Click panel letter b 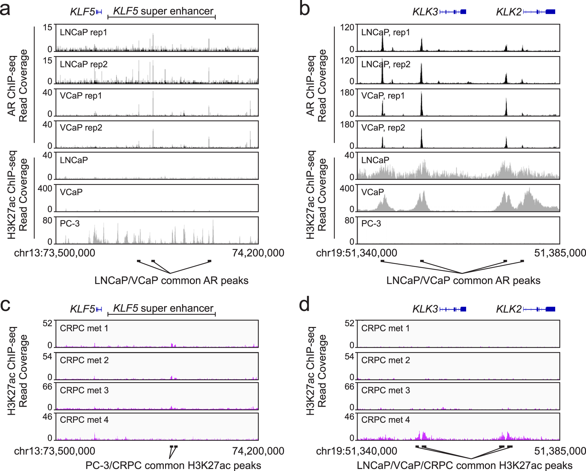pos(304,9)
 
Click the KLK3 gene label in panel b pos(425,12)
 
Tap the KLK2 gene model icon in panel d pos(539,309)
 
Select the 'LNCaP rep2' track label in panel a pos(84,64)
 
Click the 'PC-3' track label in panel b pos(371,223)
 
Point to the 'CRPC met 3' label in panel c pos(84,390)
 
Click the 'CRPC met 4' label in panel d pos(385,420)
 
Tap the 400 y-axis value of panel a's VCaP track pos(45,189)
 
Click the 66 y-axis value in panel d pos(349,387)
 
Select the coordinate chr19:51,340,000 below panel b pos(357,253)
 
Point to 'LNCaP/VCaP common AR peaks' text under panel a pos(171,280)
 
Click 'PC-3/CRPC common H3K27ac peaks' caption pos(173,465)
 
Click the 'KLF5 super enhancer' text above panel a pos(163,11)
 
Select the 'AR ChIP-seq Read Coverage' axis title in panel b pos(316,85)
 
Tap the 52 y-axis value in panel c pos(48,323)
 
